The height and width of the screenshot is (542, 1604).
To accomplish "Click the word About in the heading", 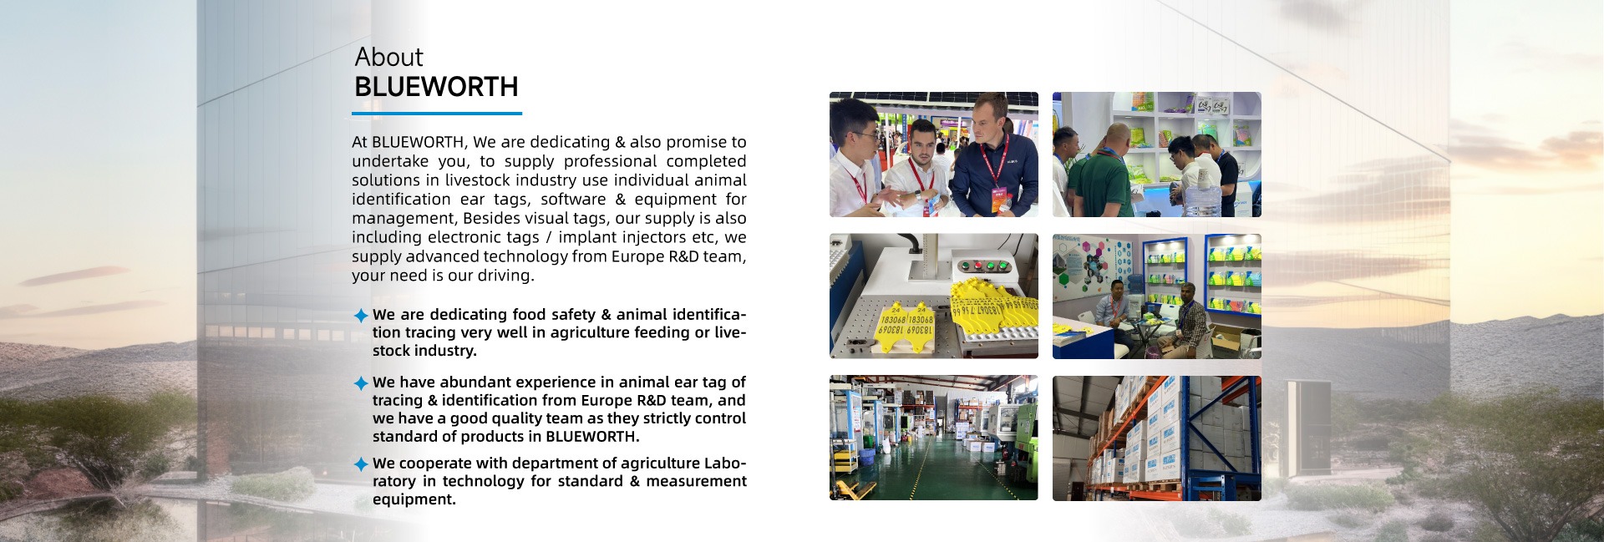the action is point(388,57).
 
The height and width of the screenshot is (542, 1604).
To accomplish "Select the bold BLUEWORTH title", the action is point(436,87).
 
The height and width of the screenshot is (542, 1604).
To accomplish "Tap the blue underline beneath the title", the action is point(437,113).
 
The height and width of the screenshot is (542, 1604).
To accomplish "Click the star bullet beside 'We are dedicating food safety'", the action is point(361,315).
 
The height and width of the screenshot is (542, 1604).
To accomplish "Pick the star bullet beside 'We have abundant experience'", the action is point(361,382).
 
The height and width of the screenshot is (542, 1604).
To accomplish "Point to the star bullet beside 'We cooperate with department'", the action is point(361,463).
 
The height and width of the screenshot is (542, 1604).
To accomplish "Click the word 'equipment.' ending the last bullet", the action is point(414,499).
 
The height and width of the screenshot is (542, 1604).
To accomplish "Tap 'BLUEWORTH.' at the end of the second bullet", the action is point(592,436).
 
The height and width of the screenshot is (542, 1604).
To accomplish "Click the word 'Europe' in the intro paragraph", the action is point(637,256).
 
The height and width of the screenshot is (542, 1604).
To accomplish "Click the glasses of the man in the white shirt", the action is point(861,134).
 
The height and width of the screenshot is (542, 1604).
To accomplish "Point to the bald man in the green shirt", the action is point(1102,172).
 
